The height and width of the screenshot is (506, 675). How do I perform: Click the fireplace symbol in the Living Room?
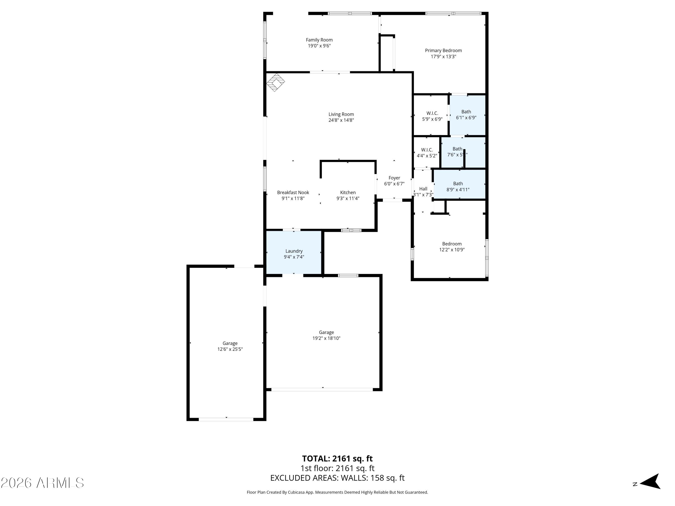(276, 82)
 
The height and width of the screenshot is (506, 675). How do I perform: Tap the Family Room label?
(319, 40)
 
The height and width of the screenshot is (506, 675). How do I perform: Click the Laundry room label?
(294, 251)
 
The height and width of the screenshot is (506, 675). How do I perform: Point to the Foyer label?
(394, 178)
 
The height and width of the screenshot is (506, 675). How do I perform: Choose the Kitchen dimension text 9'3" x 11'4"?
(348, 198)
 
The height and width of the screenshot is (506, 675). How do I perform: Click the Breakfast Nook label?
(293, 193)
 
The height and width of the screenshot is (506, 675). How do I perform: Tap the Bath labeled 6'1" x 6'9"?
(466, 115)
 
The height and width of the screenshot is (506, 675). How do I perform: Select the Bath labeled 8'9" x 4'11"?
(458, 186)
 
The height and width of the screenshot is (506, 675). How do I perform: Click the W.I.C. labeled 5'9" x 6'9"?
(432, 116)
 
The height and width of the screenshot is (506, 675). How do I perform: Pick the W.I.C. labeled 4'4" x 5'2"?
(427, 152)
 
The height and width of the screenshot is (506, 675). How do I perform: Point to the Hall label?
(423, 189)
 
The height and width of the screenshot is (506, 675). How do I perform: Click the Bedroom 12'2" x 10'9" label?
(452, 246)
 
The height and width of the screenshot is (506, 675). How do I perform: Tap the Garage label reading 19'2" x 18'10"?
(326, 335)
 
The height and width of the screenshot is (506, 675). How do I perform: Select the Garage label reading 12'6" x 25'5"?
(230, 346)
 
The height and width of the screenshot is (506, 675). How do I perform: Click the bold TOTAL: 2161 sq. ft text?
(337, 458)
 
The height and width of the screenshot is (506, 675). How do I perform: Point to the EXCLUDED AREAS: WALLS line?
(337, 478)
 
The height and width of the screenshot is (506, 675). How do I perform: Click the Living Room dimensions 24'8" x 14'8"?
(341, 120)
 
